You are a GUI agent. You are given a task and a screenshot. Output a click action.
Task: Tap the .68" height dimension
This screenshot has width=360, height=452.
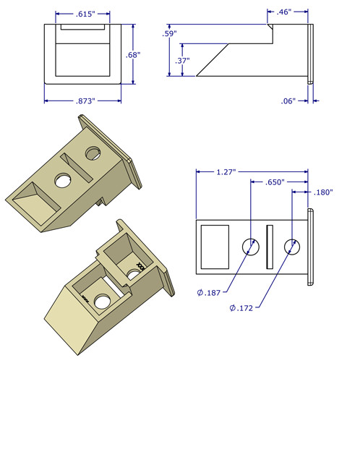pos(132,55)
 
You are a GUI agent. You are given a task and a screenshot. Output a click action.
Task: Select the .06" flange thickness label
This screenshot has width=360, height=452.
pos(288,101)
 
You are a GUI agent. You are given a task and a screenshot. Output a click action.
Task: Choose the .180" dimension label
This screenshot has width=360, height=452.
pos(323,192)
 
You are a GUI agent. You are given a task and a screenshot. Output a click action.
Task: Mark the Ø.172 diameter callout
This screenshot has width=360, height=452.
pos(244,308)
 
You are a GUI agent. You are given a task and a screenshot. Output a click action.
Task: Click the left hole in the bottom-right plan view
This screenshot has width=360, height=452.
pos(250,247)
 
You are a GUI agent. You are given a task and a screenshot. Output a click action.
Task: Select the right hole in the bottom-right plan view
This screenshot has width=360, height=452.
pos(292,247)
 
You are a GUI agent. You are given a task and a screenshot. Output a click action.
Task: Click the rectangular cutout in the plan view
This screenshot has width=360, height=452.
pos(214,247)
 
